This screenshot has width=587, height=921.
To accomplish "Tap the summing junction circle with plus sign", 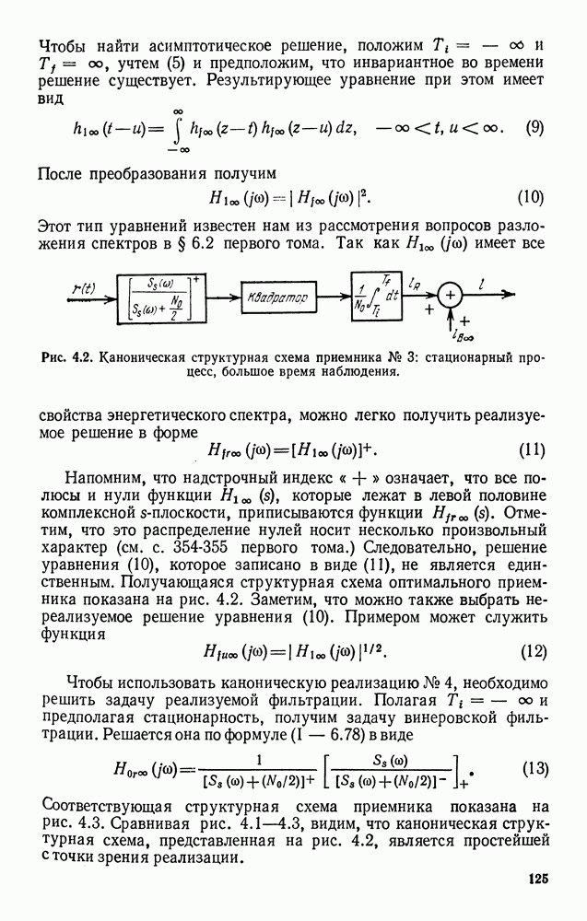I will coord(451,295).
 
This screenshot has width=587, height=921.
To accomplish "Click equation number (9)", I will coord(534,129).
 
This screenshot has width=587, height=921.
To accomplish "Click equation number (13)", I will coord(534,768).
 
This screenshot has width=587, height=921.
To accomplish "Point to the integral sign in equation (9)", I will coord(174,129).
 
